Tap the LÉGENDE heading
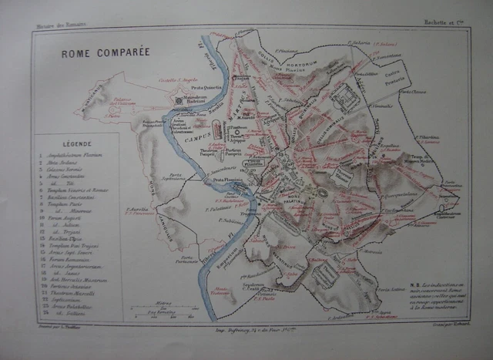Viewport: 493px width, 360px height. point(76,143)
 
